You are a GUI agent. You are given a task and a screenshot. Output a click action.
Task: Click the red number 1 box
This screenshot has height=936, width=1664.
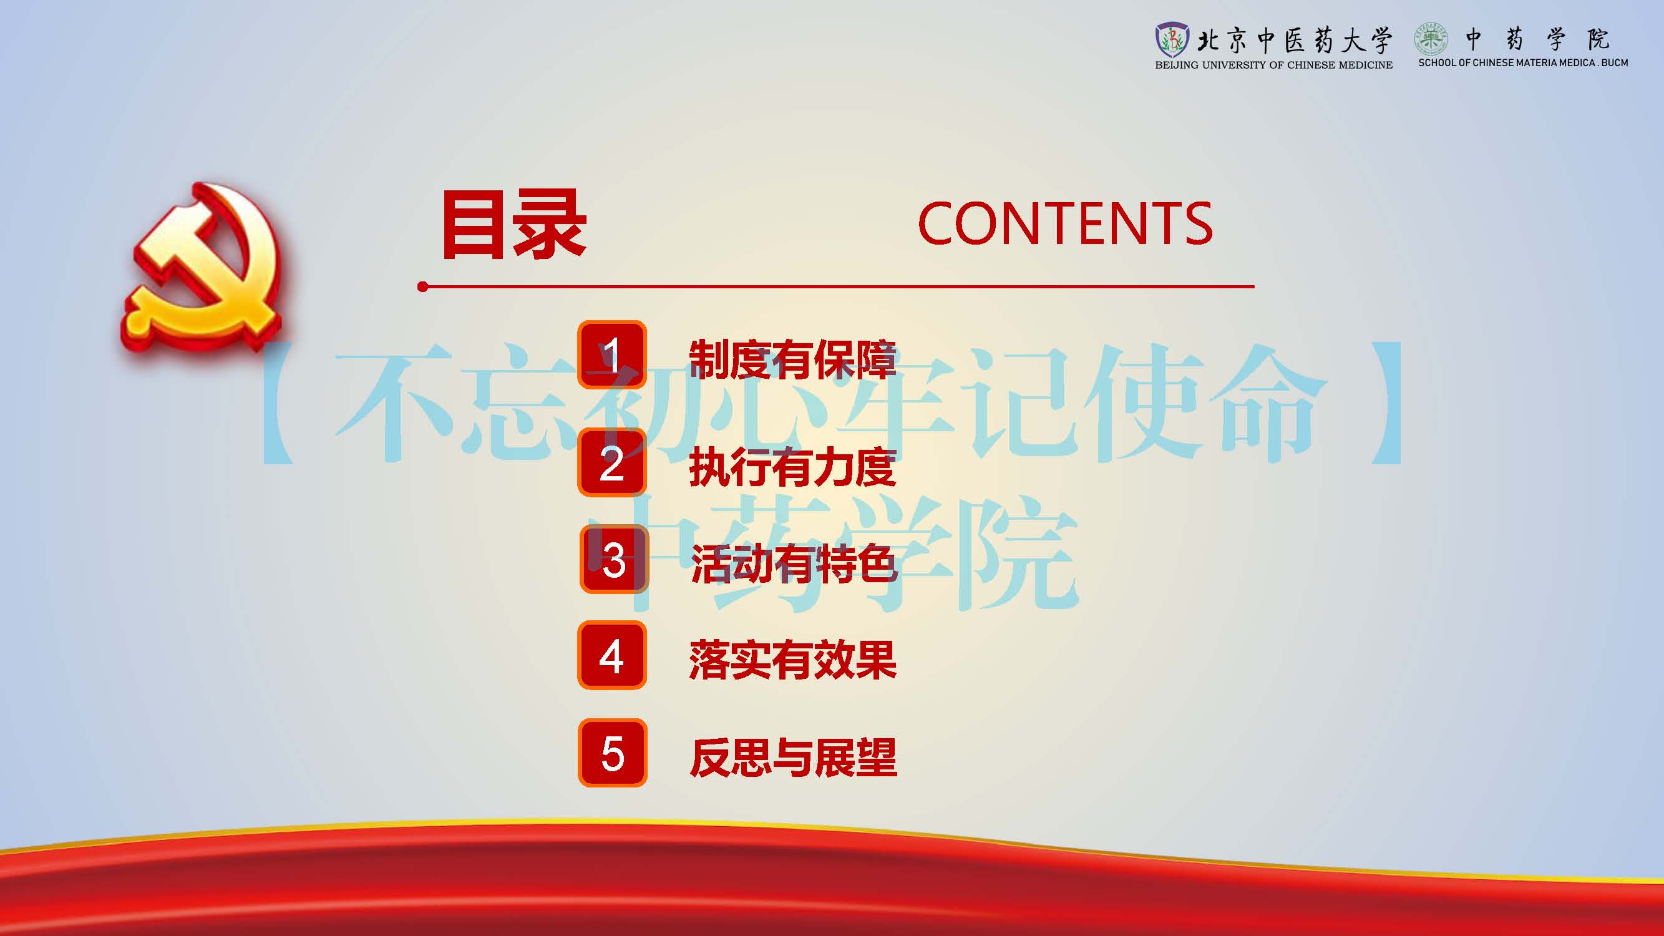(611, 354)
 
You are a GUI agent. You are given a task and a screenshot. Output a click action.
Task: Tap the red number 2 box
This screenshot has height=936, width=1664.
(611, 462)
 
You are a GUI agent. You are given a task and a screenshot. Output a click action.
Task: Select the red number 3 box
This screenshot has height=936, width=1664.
(614, 559)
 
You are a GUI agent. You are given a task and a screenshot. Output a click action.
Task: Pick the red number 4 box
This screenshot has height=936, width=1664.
(611, 655)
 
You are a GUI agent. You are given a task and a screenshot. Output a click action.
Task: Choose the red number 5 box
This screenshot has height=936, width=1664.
(612, 753)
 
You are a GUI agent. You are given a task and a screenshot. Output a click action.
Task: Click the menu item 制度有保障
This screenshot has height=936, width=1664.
(792, 359)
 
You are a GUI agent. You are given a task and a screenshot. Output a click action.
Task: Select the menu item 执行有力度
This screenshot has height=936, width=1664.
(792, 467)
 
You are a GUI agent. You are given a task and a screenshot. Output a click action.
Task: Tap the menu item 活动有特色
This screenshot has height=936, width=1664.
(794, 563)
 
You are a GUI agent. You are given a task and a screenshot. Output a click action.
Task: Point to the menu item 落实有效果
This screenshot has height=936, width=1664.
(792, 660)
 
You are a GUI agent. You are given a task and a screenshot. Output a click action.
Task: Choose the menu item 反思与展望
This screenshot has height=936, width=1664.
(793, 757)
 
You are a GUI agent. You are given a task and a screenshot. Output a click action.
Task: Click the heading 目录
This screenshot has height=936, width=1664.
(514, 225)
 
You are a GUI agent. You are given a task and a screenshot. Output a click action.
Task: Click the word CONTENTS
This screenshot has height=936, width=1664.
(1065, 223)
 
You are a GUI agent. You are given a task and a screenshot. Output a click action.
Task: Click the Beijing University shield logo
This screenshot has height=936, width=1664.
(1171, 40)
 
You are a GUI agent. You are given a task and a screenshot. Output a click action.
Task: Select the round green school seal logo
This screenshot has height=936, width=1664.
(1431, 39)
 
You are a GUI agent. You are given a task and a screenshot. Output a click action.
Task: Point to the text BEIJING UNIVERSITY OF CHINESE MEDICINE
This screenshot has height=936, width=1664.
(1274, 65)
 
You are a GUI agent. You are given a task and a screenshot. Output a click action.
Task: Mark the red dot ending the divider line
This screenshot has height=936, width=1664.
(422, 287)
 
